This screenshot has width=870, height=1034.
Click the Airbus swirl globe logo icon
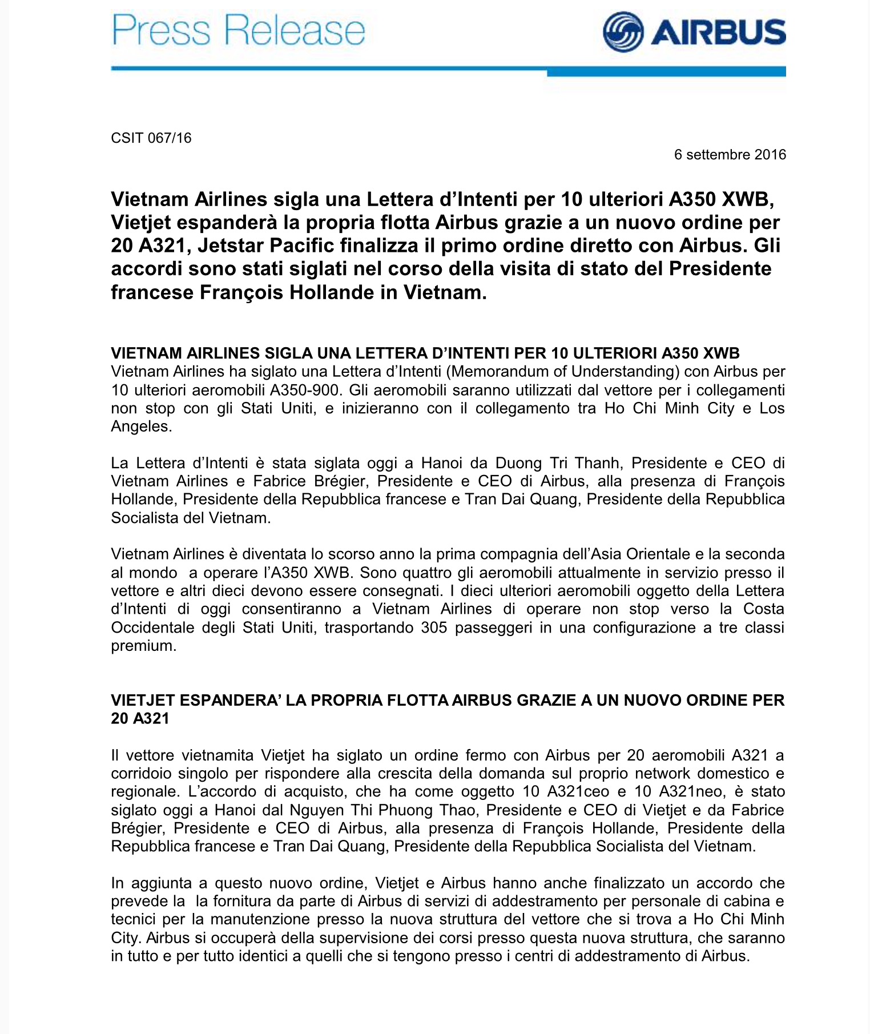[x=623, y=32]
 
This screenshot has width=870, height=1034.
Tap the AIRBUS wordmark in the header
[x=718, y=32]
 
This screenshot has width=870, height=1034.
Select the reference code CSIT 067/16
[x=151, y=138]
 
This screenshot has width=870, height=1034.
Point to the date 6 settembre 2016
[x=730, y=155]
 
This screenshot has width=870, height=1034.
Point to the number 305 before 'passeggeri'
[x=434, y=627]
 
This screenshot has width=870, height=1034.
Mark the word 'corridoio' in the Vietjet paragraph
[x=146, y=774]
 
